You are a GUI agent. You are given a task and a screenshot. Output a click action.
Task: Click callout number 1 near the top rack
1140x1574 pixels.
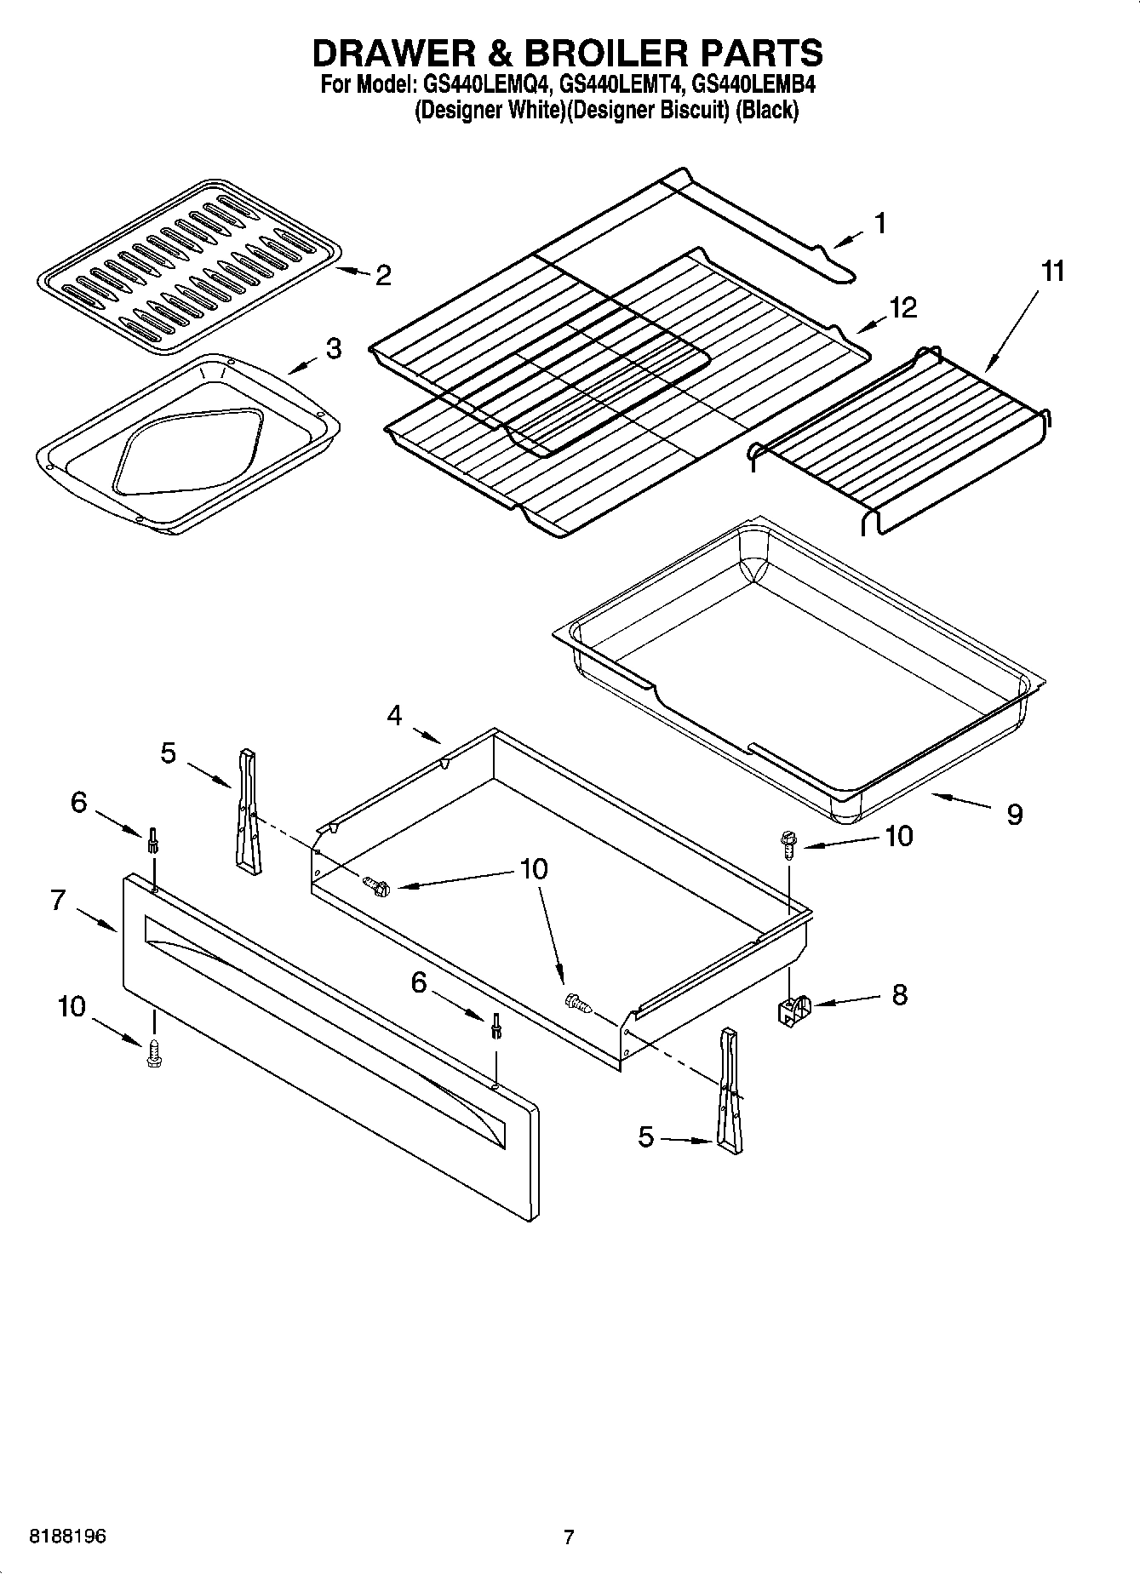(x=880, y=223)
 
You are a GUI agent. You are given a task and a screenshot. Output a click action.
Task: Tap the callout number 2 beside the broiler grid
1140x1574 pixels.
(x=383, y=275)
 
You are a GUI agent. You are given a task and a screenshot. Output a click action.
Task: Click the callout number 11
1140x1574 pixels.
(x=1052, y=272)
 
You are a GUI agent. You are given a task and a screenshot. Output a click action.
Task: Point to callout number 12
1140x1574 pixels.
(x=903, y=307)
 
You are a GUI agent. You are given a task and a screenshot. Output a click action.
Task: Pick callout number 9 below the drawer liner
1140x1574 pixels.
(x=1014, y=815)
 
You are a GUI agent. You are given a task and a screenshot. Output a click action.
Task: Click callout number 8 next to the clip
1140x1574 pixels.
(x=899, y=994)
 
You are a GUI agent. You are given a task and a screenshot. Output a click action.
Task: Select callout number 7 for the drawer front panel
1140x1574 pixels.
(x=58, y=900)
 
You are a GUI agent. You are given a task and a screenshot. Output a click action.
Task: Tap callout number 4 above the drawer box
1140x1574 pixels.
(x=394, y=715)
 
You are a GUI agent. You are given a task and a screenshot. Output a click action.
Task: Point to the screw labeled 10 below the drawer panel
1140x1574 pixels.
(x=154, y=1052)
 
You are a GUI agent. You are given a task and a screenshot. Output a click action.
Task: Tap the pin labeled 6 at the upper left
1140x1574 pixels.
(x=153, y=839)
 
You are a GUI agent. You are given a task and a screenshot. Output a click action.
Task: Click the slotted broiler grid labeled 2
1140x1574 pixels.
(x=189, y=266)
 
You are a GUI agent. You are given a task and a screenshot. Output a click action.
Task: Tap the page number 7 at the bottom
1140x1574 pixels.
(x=569, y=1537)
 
